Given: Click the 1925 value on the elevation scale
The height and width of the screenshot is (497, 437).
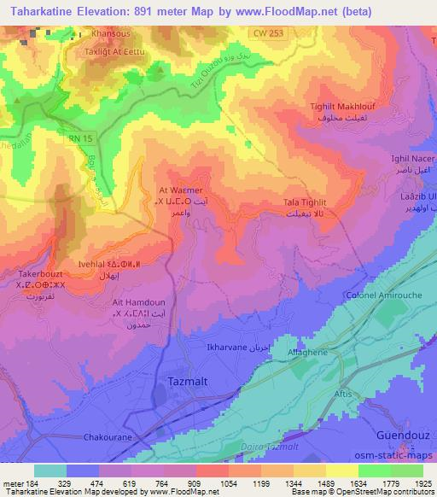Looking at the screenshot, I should tap(416, 483).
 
